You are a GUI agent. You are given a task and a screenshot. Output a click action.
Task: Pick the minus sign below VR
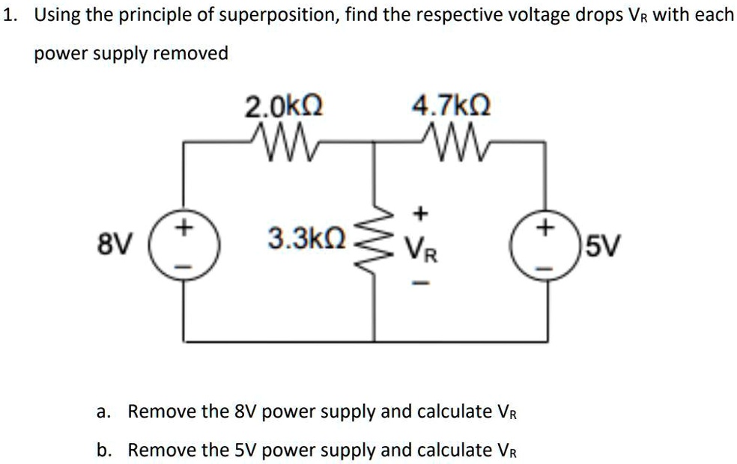[421, 283]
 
